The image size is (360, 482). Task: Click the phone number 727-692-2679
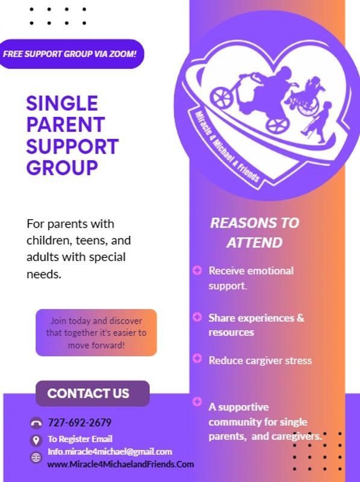79,423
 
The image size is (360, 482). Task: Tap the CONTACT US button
93,393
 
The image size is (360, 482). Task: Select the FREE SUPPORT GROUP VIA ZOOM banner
70,54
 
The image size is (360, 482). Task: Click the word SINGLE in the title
62,103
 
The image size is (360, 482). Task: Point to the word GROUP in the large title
62,167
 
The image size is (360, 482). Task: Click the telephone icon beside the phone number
36,424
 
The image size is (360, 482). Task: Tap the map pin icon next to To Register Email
36,440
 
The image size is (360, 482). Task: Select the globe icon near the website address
36,457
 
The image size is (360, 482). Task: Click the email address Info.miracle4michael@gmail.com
110,451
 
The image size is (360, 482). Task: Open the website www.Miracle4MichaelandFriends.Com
120,464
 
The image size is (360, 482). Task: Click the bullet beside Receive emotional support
197,270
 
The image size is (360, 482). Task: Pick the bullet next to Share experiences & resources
197,317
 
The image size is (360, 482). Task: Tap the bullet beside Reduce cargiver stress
197,358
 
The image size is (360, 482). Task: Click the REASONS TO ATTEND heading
255,233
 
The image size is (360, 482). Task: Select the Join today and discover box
96,333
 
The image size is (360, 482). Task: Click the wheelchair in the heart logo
306,101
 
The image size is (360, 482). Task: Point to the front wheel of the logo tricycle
222,97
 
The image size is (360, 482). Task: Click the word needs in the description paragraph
43,274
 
